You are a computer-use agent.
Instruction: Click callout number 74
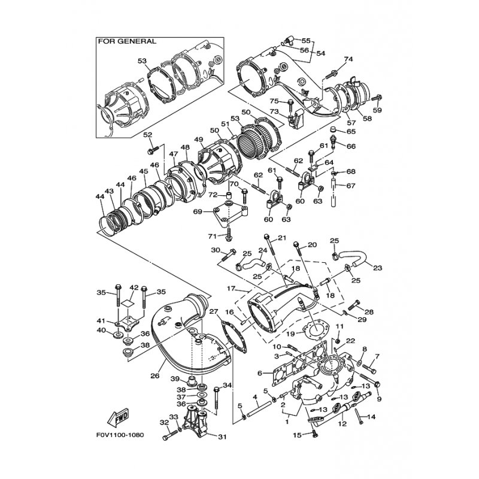[x=348, y=59]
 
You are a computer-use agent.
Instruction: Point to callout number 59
[x=377, y=111]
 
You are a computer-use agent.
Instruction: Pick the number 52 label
[x=147, y=135]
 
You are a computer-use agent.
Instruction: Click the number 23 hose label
[x=377, y=268]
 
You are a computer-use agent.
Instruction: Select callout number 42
[x=135, y=289]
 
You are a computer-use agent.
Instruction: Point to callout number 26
[x=155, y=376]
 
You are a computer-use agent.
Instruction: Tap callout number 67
[x=350, y=186]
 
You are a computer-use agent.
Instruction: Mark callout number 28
[x=369, y=312]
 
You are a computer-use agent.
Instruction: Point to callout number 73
[x=275, y=112]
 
